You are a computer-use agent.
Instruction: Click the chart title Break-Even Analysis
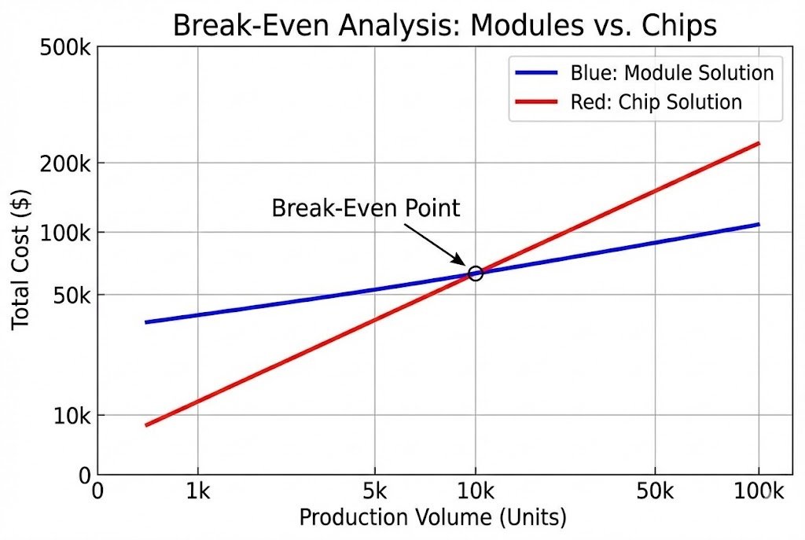pos(444,25)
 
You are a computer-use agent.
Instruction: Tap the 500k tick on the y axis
pos(66,49)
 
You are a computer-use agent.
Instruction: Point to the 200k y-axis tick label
pos(66,163)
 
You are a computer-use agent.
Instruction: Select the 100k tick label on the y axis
pos(66,233)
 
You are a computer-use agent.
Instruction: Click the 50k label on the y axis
pos(70,296)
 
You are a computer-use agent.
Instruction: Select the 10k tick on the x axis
pos(475,492)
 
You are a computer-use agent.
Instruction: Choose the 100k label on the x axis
pos(758,492)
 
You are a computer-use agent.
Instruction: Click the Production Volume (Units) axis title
pos(432,518)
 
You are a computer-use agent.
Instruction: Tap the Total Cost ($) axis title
pos(21,259)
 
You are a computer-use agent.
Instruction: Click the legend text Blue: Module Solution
pos(672,73)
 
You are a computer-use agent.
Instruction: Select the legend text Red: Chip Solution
pos(656,102)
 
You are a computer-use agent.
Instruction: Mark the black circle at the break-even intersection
pos(475,273)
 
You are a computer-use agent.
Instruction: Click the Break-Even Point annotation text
pos(366,208)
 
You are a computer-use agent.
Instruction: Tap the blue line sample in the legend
pos(537,73)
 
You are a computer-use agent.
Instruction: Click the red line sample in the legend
pos(537,102)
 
